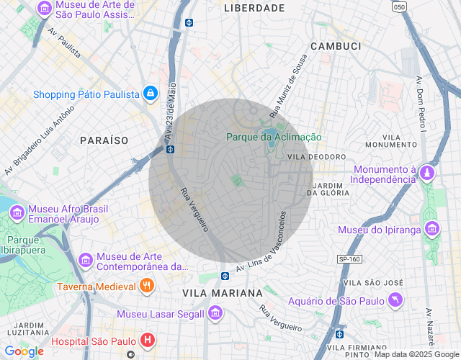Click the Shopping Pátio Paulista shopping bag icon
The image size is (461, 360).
150,94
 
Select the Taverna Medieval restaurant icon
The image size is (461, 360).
147,286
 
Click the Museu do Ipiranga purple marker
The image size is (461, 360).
432,230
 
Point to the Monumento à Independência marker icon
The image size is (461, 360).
428,174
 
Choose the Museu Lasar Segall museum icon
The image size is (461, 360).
215,313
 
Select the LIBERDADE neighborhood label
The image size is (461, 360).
254,8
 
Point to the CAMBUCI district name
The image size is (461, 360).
335,45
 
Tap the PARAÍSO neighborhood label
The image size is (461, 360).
104,139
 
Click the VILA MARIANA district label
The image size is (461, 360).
223,293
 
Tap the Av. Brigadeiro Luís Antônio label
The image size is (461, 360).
40,141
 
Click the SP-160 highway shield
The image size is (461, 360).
349,259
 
